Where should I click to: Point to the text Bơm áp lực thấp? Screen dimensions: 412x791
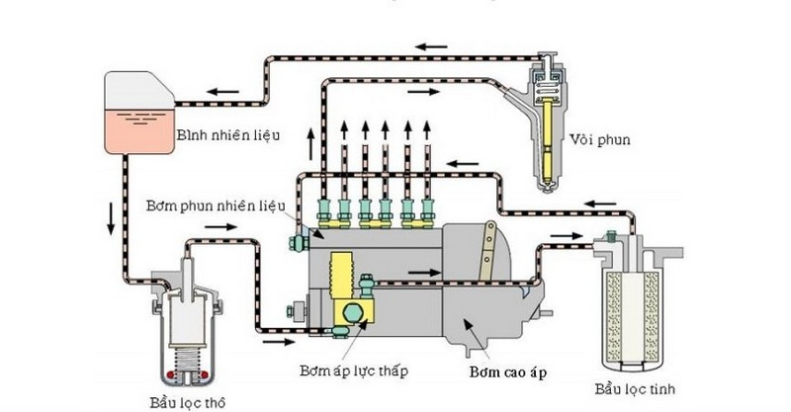tap(353, 371)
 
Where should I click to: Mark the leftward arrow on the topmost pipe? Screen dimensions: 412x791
tap(432, 45)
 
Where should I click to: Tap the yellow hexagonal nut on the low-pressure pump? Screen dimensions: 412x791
tap(350, 314)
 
